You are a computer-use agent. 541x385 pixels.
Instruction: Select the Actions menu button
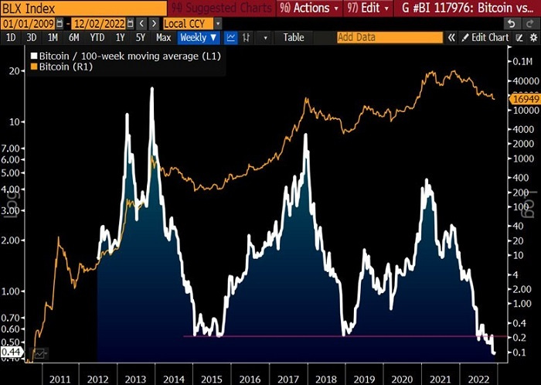click(305, 9)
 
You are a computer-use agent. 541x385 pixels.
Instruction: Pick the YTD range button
click(97, 37)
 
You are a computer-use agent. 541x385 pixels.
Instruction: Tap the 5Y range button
click(140, 37)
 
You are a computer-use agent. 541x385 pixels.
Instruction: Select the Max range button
click(163, 37)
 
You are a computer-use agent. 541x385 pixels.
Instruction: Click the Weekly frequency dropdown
click(199, 37)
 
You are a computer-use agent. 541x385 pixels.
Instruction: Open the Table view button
click(293, 37)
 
